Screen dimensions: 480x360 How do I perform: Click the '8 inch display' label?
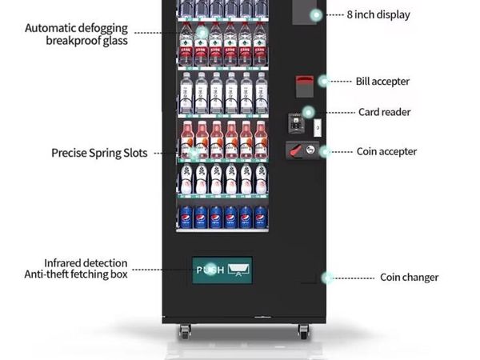point(378,14)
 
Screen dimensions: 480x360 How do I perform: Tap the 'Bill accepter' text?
point(382,82)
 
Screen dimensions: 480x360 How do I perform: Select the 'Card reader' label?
point(385,112)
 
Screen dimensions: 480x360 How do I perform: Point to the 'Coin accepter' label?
point(386,151)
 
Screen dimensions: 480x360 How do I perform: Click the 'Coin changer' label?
point(410,278)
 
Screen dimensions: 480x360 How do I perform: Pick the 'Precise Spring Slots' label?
point(99,153)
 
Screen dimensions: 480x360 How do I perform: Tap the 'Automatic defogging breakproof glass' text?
point(76,34)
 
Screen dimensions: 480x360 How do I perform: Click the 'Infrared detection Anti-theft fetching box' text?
point(76,269)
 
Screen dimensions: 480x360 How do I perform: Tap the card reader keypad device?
point(296,123)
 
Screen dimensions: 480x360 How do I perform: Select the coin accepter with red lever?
point(302,150)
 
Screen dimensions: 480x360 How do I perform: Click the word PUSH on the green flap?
point(210,270)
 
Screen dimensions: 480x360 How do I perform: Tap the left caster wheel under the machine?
point(185,331)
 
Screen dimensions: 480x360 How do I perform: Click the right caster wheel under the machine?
point(303,331)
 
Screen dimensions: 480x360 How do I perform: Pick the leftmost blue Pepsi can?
point(186,217)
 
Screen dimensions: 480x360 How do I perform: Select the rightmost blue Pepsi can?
point(261,217)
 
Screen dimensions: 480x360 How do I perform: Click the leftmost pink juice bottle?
point(186,139)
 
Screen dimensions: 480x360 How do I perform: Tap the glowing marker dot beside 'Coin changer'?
point(327,278)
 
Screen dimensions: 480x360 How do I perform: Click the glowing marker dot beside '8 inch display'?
point(316,15)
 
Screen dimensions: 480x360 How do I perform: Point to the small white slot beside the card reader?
point(318,127)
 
